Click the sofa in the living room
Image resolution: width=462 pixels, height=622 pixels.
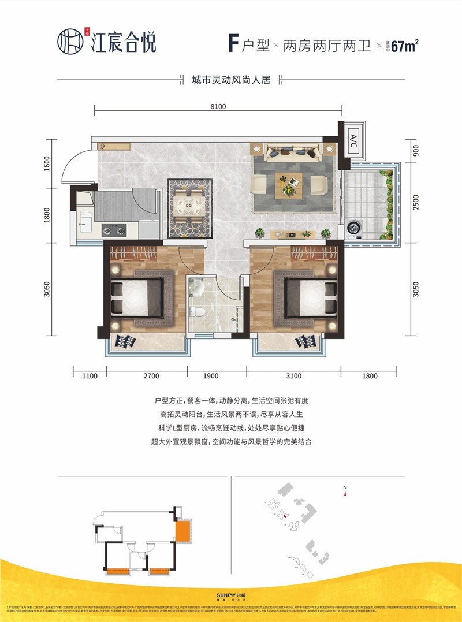pos(292,154)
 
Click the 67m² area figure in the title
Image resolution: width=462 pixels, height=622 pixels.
pos(404,47)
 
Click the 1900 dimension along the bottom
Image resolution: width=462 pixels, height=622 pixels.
pos(211,377)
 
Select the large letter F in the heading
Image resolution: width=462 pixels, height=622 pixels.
pos(233,44)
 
